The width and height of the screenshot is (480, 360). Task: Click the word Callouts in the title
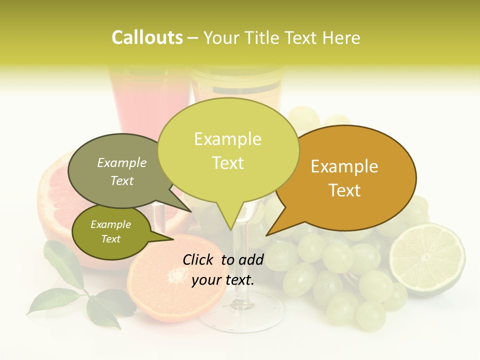[147, 37]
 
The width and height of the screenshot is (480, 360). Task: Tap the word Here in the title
[341, 37]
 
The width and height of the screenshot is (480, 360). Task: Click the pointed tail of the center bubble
[230, 227]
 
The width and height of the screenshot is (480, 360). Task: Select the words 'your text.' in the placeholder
[223, 279]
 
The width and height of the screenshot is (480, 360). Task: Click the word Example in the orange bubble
[344, 166]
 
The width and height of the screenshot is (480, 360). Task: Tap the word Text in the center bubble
[228, 163]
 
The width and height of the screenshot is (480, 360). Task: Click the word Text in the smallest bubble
[110, 239]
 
